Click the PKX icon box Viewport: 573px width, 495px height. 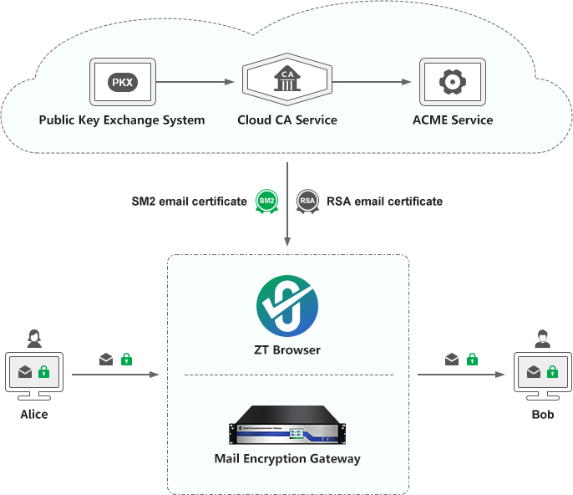(122, 82)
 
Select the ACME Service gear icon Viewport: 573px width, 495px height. (452, 82)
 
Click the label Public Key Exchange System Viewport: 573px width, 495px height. (122, 120)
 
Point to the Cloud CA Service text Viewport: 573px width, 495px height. (287, 120)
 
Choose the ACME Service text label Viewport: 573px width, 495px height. (453, 120)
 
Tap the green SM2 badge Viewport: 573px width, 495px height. (266, 202)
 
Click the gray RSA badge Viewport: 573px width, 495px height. (307, 202)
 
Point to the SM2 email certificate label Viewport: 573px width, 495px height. (189, 202)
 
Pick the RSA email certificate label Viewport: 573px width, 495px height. (384, 202)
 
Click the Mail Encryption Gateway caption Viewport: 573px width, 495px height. (287, 458)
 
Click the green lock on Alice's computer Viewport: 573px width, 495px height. (44, 371)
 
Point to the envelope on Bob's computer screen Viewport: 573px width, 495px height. (531, 371)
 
